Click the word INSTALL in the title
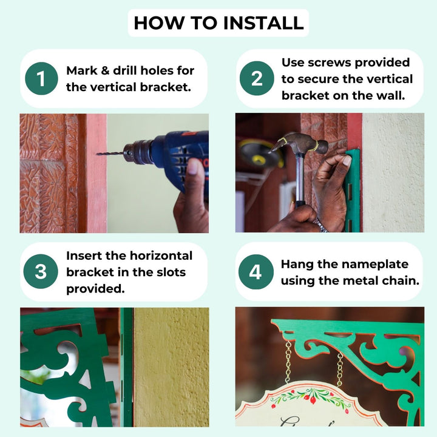click(x=263, y=23)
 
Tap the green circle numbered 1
click(x=41, y=78)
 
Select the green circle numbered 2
click(x=257, y=78)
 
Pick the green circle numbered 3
click(x=41, y=271)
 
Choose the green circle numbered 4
click(x=256, y=272)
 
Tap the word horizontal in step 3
click(x=161, y=256)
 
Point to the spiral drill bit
click(x=110, y=154)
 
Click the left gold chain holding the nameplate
click(x=288, y=362)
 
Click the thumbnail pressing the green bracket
click(x=347, y=160)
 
